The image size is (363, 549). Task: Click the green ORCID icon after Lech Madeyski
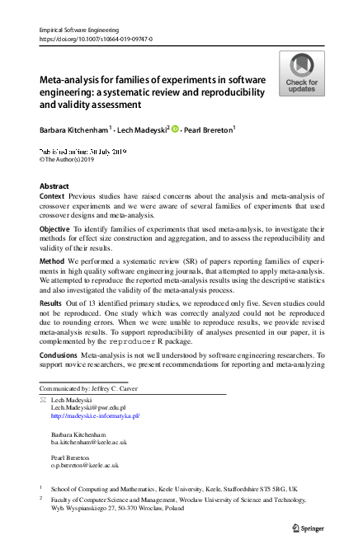pos(175,129)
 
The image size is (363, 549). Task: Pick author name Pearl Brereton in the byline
pos(207,129)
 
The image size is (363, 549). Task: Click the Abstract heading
pos(54,186)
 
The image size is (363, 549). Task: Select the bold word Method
pos(53,258)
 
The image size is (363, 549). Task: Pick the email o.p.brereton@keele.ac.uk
pos(87,465)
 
